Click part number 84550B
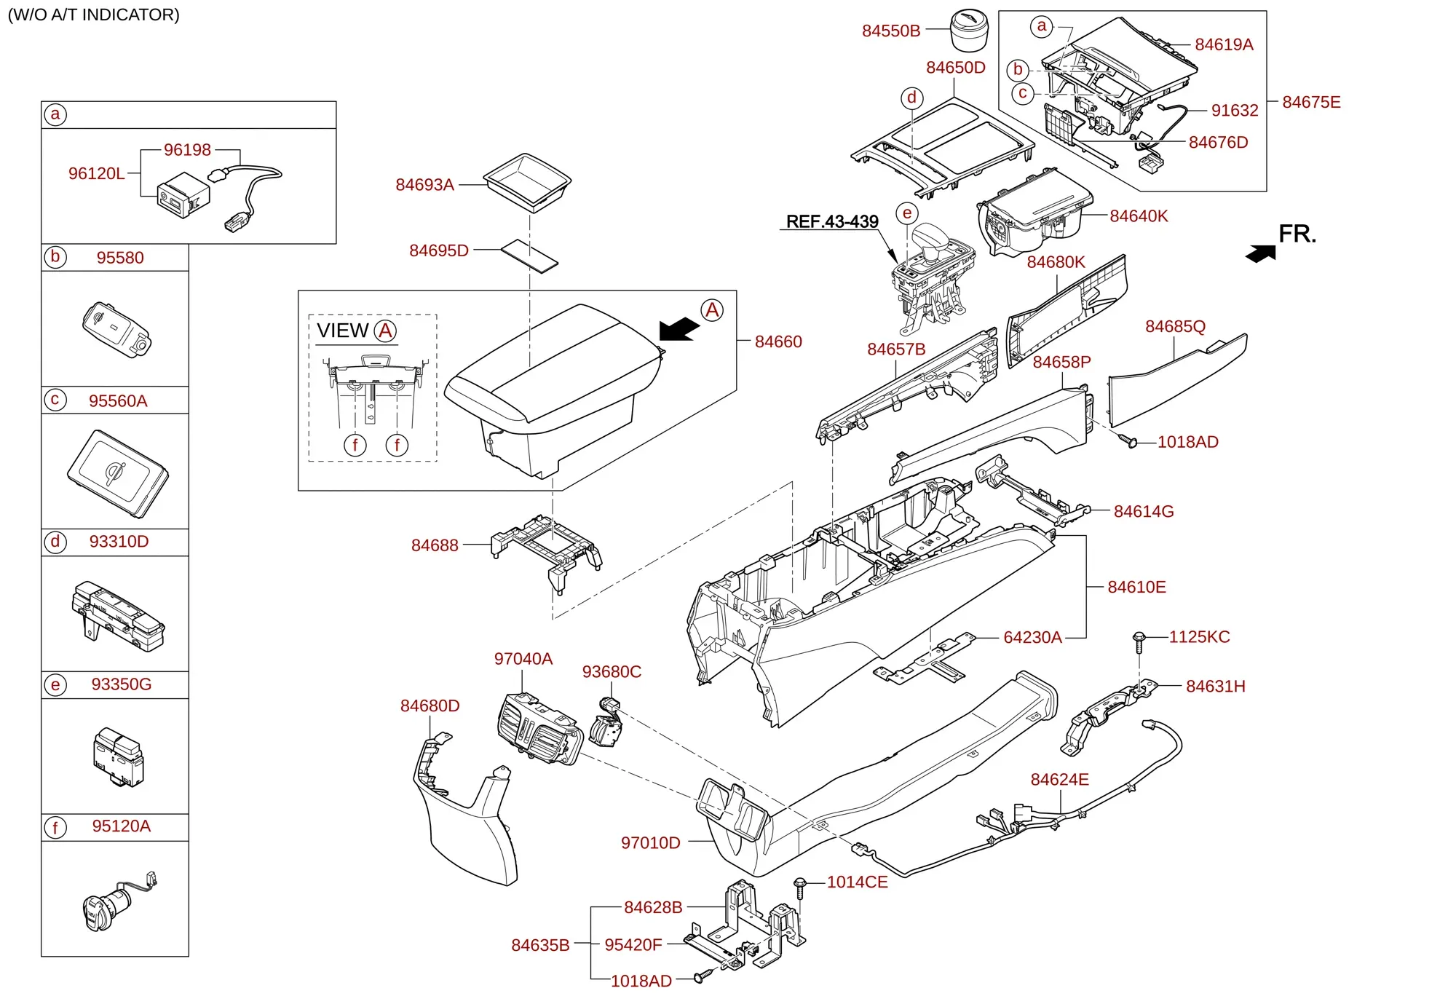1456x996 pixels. click(891, 31)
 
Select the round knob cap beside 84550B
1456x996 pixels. click(970, 31)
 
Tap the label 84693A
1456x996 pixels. click(424, 185)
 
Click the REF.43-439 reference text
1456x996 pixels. click(832, 221)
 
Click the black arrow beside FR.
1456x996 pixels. click(1261, 253)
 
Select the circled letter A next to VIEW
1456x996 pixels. click(385, 331)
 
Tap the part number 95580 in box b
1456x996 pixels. click(120, 258)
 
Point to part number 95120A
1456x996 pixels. click(122, 826)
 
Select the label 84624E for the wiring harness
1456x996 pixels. click(1059, 780)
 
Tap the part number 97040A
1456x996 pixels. click(523, 659)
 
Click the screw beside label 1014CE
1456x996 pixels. click(800, 888)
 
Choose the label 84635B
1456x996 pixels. click(540, 945)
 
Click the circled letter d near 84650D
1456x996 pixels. click(912, 98)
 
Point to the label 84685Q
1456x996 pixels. click(1175, 326)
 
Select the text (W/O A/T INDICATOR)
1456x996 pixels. click(93, 15)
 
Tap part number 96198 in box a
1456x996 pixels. click(187, 150)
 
